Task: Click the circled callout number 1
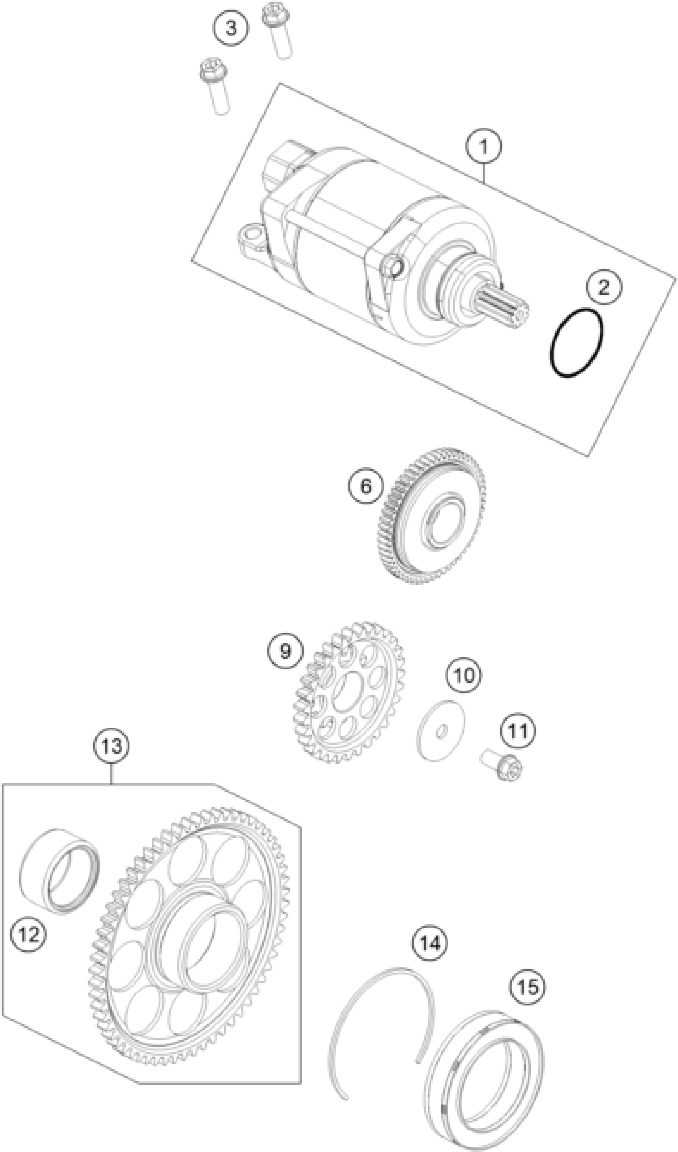click(x=484, y=146)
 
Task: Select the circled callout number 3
click(x=231, y=28)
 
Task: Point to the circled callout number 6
click(x=366, y=486)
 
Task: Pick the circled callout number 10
click(x=464, y=675)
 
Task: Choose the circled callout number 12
click(x=29, y=934)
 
